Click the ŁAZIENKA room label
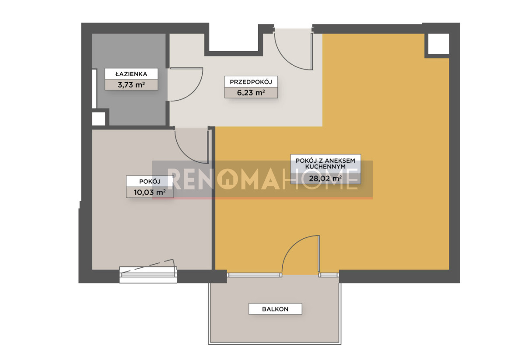(131, 74)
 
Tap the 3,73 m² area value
(131, 84)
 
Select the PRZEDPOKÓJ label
(251, 82)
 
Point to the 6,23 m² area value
(251, 93)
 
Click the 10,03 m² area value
(150, 192)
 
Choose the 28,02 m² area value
(325, 178)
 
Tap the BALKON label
(275, 309)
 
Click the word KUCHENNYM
(325, 167)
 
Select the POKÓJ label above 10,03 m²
(150, 182)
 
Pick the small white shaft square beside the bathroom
(99, 119)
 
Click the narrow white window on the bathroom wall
(94, 88)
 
